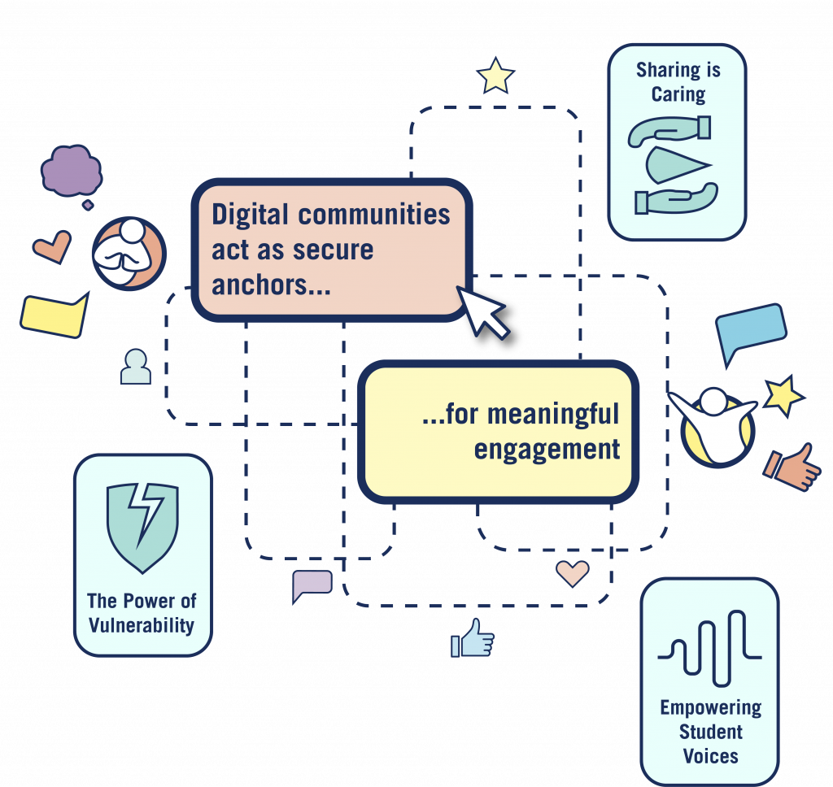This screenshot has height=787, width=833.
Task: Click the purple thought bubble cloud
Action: coord(71,170)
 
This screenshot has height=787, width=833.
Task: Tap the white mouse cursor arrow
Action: coord(483,311)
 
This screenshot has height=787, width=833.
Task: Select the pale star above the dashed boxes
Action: coord(495,76)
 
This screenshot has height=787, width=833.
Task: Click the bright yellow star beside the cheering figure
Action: coord(784,395)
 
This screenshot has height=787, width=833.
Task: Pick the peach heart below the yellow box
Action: coord(572,573)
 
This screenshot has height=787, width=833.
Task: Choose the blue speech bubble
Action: coord(750,331)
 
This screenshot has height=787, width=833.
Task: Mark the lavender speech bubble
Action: coord(312,584)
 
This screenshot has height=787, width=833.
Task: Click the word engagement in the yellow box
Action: coord(547,449)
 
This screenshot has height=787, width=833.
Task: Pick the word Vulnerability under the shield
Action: coord(142,625)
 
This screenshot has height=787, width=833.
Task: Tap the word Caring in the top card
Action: coord(678,94)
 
